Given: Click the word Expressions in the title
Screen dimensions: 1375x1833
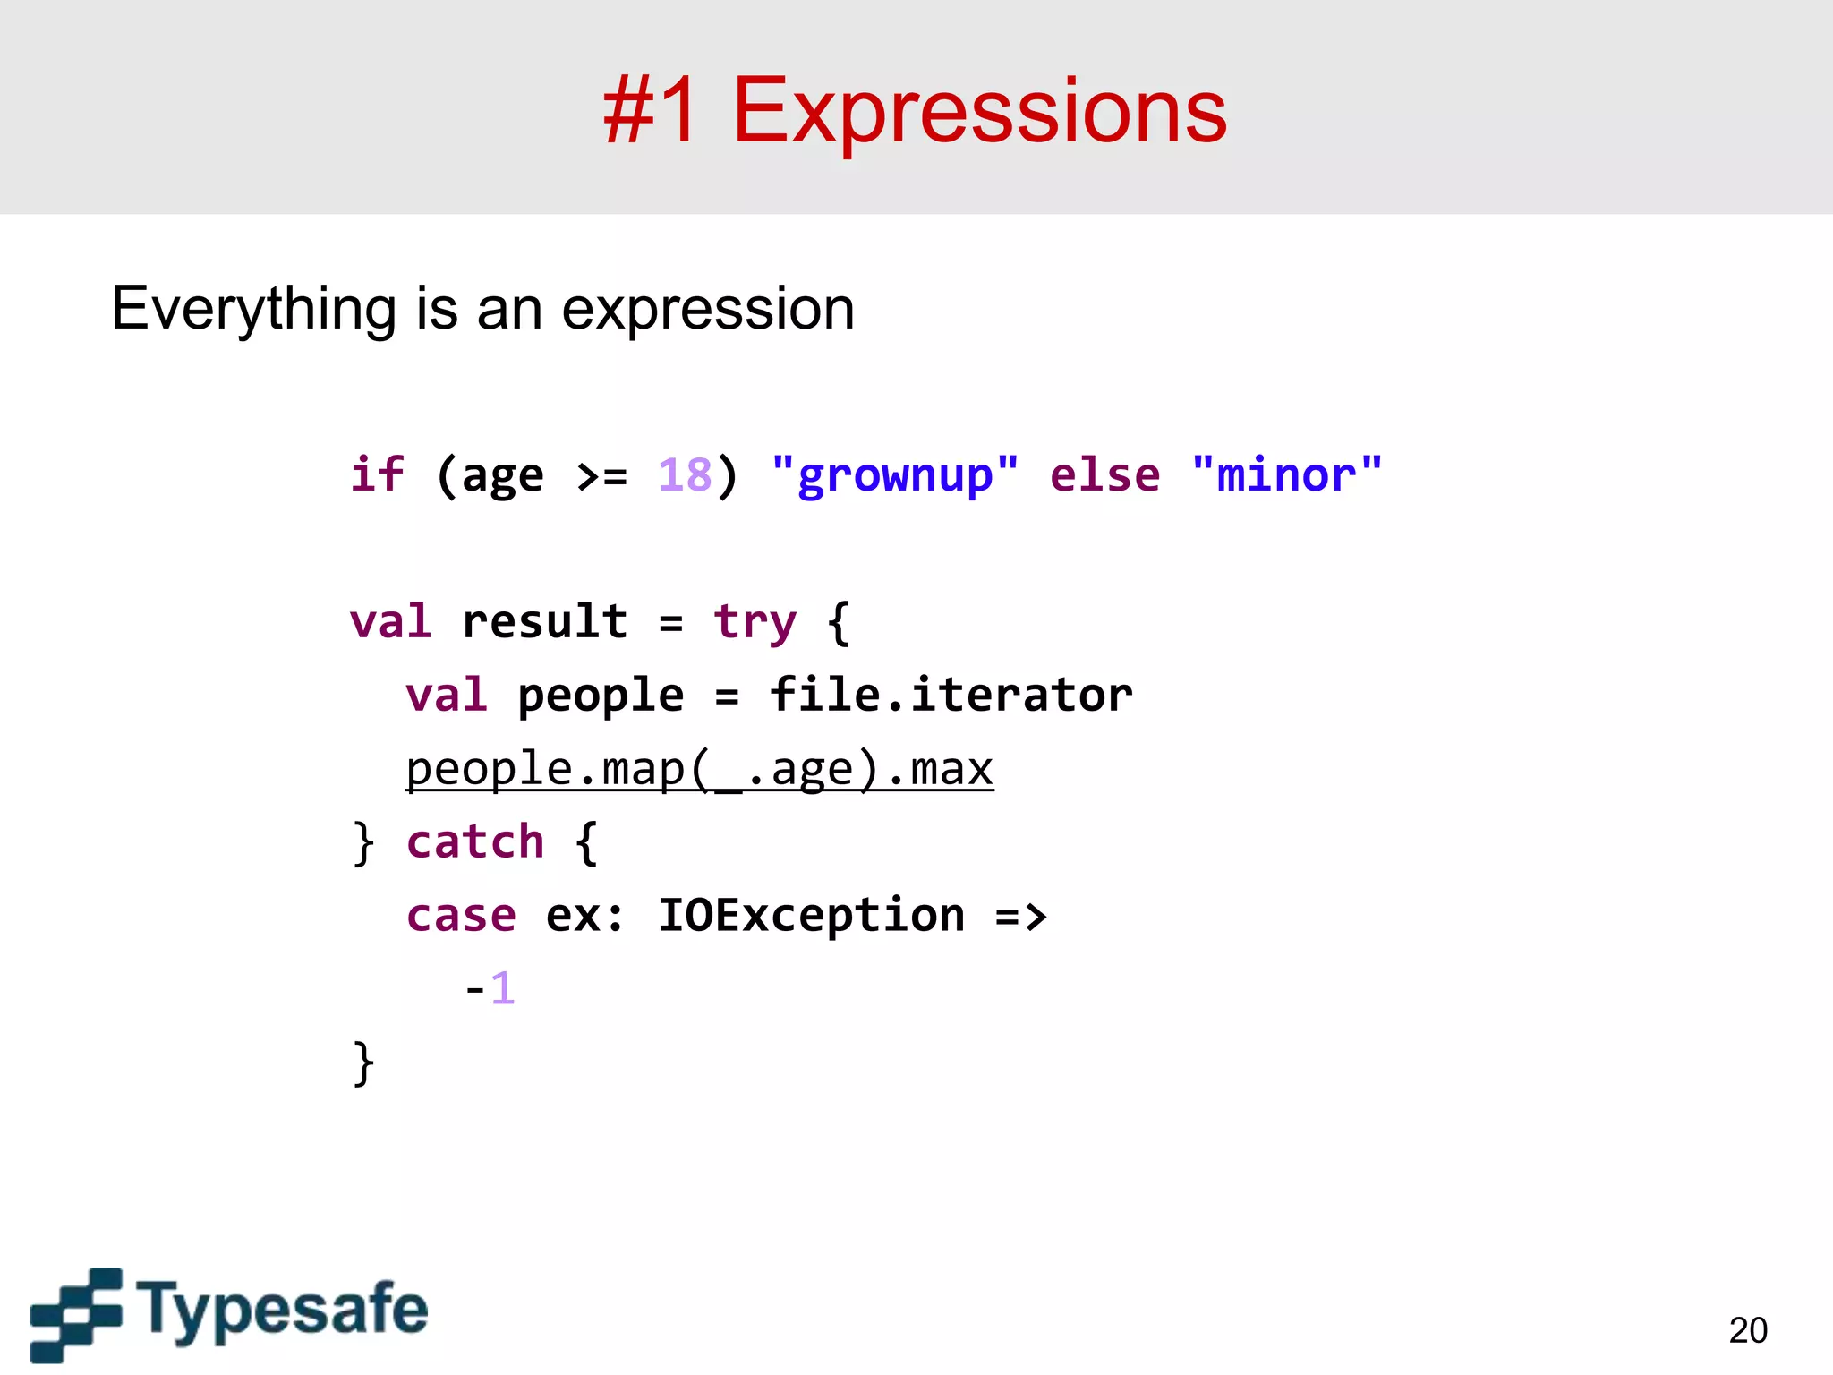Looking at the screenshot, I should [x=979, y=112].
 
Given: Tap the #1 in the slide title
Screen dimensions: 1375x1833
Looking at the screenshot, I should [x=651, y=112].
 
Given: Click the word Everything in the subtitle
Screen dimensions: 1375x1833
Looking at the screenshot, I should [x=253, y=310].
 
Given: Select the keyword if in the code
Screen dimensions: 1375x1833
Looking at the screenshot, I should [x=377, y=474].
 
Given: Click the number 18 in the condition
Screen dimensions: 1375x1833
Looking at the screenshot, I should [x=685, y=475].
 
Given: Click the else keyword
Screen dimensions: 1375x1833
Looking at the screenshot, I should [x=1104, y=475].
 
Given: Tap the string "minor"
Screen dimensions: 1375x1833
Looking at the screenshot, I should [x=1287, y=475].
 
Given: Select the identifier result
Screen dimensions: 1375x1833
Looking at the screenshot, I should [x=544, y=622].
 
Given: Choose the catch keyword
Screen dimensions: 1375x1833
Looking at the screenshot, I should [x=475, y=842].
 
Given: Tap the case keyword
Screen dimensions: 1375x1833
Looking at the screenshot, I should [x=461, y=916].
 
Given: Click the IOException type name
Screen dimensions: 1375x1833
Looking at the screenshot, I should [x=811, y=916].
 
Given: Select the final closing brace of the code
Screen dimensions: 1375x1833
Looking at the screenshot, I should [x=362, y=1063].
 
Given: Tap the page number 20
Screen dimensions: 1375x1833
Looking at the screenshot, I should [x=1747, y=1330].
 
